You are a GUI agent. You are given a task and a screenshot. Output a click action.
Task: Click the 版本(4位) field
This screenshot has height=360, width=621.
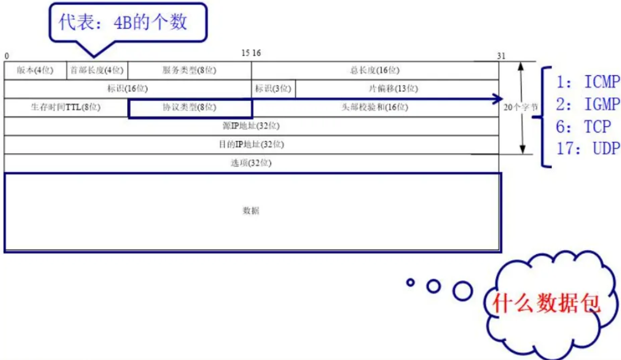click(35, 71)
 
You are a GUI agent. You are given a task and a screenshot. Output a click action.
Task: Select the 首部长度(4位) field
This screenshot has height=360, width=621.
click(97, 71)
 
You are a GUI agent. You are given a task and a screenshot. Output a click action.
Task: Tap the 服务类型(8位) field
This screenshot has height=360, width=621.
click(189, 71)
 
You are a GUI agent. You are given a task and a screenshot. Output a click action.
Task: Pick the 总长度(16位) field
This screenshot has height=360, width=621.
click(375, 71)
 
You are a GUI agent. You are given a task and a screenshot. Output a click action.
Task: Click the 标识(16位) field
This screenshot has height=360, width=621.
click(127, 89)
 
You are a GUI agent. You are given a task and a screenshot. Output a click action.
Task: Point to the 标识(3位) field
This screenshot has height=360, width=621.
click(273, 89)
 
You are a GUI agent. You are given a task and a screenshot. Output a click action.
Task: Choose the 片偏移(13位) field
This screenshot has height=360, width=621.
click(397, 89)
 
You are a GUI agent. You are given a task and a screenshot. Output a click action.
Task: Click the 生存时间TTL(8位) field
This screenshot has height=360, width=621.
click(65, 108)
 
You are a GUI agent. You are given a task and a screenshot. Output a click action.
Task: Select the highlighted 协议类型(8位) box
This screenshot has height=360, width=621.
click(190, 108)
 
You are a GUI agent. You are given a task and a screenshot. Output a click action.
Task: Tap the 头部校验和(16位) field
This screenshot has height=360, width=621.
click(375, 108)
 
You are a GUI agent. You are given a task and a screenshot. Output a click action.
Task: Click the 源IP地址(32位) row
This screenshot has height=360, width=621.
click(251, 126)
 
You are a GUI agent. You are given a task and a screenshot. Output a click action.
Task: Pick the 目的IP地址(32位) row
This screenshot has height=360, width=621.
click(251, 144)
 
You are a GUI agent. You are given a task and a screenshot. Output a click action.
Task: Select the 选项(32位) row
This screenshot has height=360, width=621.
click(251, 163)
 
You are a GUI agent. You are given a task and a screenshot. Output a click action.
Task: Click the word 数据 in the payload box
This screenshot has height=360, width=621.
click(251, 211)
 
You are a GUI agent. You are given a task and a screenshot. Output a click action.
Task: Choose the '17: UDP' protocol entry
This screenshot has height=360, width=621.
click(588, 149)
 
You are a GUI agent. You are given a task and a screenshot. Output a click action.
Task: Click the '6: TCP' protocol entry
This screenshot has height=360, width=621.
click(583, 127)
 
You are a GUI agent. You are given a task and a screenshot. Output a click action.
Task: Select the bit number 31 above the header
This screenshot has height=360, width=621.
click(501, 56)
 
